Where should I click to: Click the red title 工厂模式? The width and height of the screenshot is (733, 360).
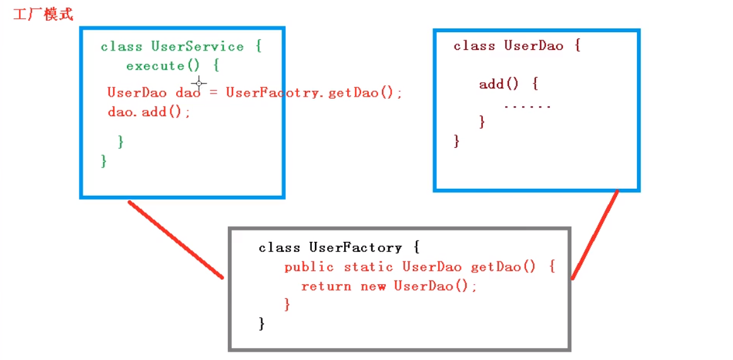[43, 14]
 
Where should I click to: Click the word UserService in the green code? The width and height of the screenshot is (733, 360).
[197, 47]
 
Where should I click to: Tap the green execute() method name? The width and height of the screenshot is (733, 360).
[164, 66]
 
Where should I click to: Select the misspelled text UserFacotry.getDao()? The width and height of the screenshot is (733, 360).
[314, 93]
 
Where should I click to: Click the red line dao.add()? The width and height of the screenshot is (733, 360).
[149, 112]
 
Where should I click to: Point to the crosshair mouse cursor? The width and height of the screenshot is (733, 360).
[199, 83]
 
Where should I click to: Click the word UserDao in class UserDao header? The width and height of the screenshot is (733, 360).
[533, 45]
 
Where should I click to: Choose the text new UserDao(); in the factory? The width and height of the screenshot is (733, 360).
[419, 286]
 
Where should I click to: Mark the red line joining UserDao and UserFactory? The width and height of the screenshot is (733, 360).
[594, 235]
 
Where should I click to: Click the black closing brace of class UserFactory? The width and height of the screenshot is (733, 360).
[262, 324]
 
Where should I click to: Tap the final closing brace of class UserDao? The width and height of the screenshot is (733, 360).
[456, 141]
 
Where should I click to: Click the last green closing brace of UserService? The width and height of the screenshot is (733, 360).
[104, 161]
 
